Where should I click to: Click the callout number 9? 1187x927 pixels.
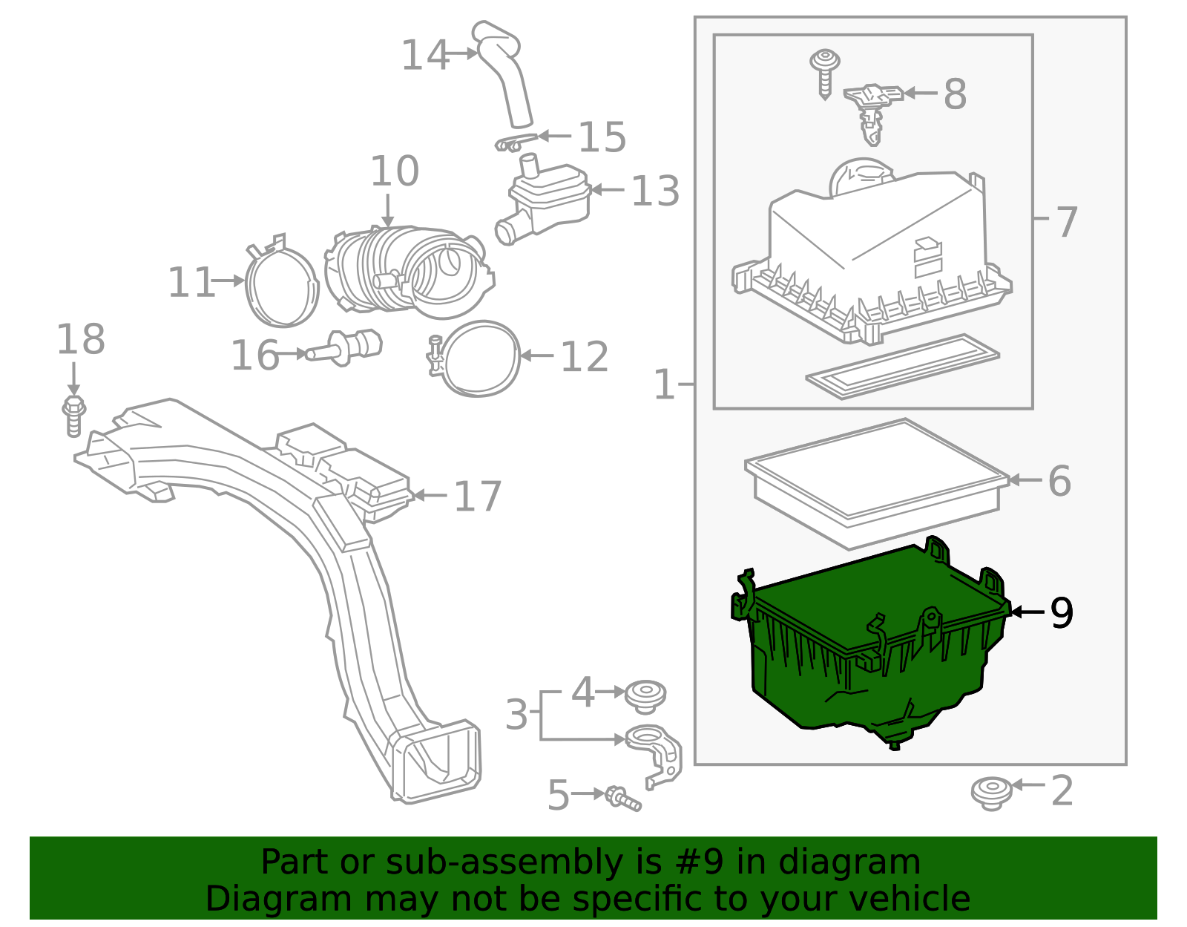[1062, 613]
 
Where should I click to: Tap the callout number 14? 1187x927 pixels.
[424, 56]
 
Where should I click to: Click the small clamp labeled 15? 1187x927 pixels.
[513, 141]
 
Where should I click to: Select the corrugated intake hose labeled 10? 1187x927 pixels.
[408, 271]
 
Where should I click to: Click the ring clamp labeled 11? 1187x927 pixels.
[281, 286]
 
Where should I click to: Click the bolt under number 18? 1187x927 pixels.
[73, 416]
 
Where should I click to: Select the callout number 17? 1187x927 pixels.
[478, 496]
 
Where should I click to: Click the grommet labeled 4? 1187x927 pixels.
[645, 695]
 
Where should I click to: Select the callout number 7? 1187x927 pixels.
[1066, 221]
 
